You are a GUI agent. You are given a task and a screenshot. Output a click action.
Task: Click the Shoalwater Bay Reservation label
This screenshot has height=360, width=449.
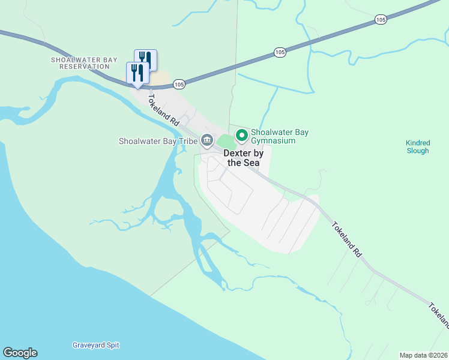(x=80, y=63)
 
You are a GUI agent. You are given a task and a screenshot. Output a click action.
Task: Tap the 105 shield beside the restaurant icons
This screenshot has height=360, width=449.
(x=179, y=85)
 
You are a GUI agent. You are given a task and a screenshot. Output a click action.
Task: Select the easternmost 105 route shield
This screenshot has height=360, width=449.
(x=381, y=20)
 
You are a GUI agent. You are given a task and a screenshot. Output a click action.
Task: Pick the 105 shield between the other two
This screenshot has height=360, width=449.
(x=279, y=53)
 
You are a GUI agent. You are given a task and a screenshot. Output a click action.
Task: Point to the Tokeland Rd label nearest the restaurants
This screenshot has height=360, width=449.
(x=164, y=110)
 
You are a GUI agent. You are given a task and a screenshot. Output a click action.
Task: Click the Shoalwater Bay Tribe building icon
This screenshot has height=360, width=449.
(x=207, y=141)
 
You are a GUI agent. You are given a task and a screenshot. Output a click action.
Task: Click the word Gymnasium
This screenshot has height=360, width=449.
(x=274, y=140)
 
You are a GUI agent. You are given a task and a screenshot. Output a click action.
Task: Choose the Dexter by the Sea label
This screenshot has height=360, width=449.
(x=244, y=158)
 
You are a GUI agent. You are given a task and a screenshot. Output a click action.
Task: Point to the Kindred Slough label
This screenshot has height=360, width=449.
(x=417, y=147)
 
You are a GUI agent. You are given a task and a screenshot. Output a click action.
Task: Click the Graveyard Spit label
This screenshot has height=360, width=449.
(x=96, y=345)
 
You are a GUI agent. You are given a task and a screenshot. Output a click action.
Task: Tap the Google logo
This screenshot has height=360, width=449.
(x=20, y=353)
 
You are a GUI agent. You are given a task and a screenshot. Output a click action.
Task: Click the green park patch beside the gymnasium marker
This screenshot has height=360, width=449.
(x=226, y=142)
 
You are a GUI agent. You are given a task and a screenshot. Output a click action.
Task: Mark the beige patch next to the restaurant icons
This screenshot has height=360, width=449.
(x=160, y=79)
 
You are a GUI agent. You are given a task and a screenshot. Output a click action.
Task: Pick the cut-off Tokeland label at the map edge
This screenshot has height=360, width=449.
(x=439, y=315)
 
